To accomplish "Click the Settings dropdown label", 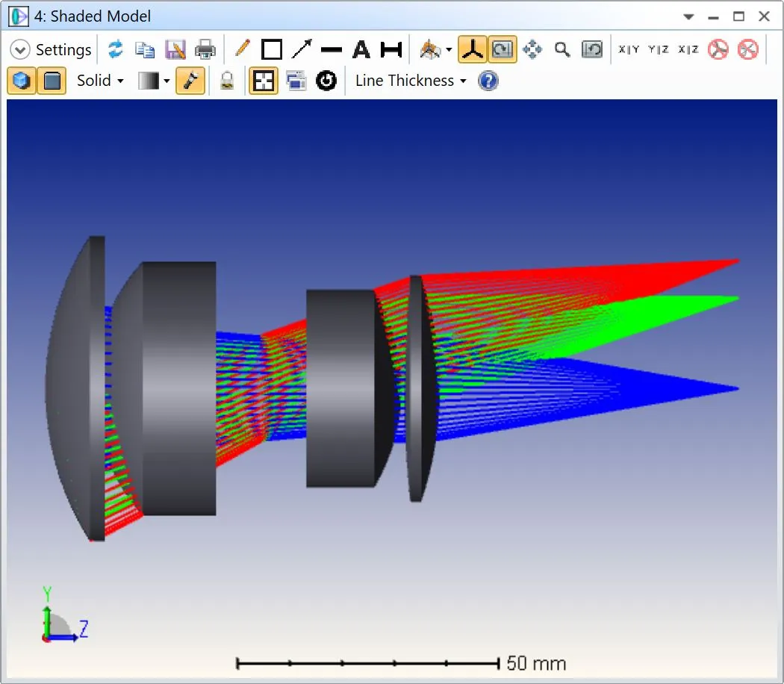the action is pyautogui.click(x=63, y=50).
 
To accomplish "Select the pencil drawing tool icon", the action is pyautogui.click(x=243, y=49).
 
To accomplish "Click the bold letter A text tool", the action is pyautogui.click(x=361, y=49).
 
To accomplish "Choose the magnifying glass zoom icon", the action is pyautogui.click(x=562, y=49).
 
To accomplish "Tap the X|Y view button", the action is pyautogui.click(x=629, y=49).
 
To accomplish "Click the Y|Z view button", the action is pyautogui.click(x=658, y=49).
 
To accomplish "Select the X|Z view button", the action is pyautogui.click(x=688, y=49).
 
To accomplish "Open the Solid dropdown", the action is pyautogui.click(x=100, y=81).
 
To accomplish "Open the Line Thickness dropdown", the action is pyautogui.click(x=411, y=81).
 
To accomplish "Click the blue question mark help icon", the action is pyautogui.click(x=488, y=81).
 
